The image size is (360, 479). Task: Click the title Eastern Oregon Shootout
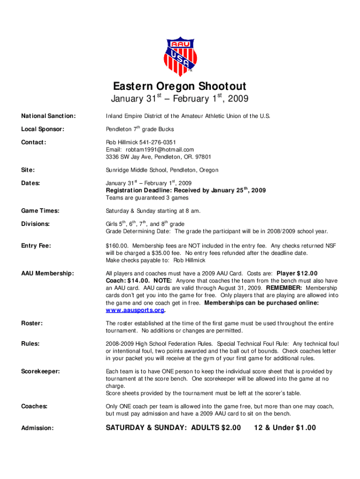(180, 87)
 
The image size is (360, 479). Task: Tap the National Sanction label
(42, 116)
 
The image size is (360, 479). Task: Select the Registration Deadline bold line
(186, 190)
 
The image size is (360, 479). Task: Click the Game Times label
(40, 211)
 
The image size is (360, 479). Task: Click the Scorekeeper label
(41, 372)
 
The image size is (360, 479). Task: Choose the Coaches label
(34, 406)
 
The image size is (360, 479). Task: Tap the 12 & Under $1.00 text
(285, 428)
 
